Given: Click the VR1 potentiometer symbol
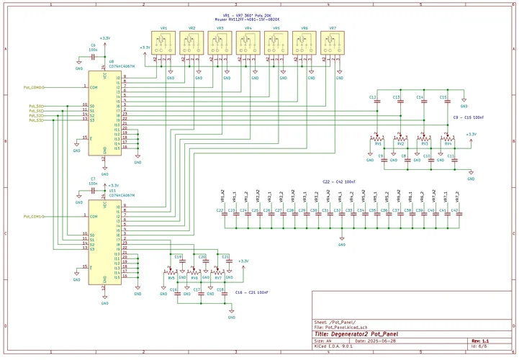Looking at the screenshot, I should [163, 45].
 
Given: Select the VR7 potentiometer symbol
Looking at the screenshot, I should [333, 45].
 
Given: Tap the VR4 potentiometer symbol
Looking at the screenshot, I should [248, 45].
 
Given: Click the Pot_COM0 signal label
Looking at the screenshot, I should [33, 87].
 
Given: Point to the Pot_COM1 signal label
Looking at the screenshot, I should [33, 215].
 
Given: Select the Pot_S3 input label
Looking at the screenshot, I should [36, 121].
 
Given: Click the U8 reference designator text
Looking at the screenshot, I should [112, 63].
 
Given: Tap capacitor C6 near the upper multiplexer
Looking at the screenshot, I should [94, 56].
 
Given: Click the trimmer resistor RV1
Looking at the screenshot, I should [375, 139].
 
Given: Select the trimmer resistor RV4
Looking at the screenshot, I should [448, 139].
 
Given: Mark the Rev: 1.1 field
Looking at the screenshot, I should [480, 341].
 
